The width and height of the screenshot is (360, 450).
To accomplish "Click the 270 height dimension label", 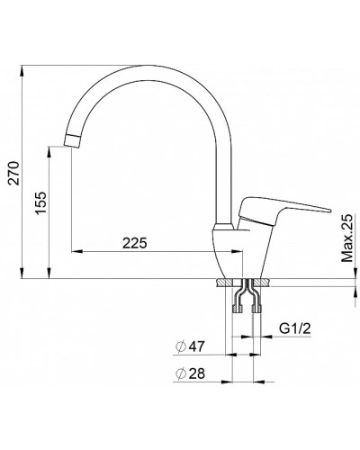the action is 13,173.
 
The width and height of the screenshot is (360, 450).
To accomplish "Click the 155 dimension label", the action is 40,202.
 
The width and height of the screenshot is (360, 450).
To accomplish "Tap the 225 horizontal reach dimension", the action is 135,243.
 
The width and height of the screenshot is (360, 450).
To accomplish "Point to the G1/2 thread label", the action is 295,328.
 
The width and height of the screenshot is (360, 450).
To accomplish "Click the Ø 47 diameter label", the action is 190,346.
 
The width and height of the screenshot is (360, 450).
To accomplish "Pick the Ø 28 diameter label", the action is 190,373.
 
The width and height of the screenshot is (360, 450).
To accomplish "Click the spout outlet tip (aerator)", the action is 72,141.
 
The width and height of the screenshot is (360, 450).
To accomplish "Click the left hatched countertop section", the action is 224,283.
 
